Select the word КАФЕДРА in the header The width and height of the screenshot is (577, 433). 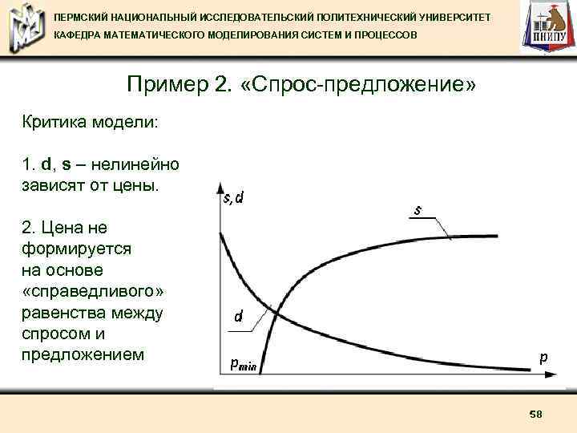click(x=79, y=37)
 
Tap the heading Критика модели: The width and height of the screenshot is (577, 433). click(x=90, y=123)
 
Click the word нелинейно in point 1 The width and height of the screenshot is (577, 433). click(x=135, y=165)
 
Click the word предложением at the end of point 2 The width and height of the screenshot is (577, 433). click(x=83, y=353)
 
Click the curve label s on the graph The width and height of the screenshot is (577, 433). click(x=418, y=211)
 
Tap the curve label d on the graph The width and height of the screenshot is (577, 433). click(x=238, y=317)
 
